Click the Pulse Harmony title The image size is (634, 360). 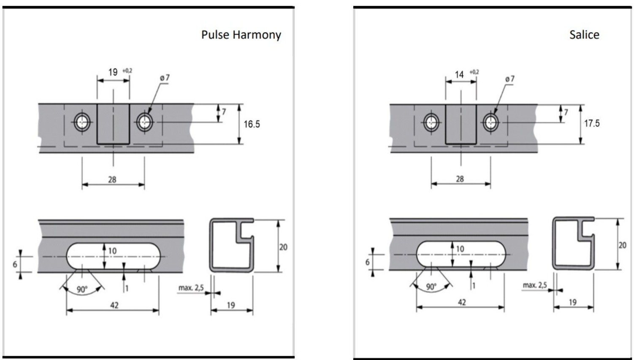point(241,35)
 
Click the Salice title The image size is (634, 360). point(584,35)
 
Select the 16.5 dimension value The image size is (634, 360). point(252,124)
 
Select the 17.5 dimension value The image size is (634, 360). point(592,123)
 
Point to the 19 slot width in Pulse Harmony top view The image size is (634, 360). point(113,72)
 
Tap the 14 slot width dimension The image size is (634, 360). point(459,74)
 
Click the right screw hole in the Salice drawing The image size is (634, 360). point(490,122)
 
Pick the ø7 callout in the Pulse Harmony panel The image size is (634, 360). point(165,78)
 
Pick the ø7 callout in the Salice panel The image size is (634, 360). point(509,79)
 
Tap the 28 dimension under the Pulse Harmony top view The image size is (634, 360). point(112,180)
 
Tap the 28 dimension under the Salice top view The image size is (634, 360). point(460,179)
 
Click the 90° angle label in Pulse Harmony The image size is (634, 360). point(82,290)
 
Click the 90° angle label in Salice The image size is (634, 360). point(431,287)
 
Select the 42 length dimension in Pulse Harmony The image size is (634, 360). point(114,305)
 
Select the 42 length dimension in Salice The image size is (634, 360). point(462,303)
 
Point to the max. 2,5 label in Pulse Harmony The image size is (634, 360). point(191,288)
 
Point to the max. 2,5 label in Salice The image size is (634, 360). point(535,285)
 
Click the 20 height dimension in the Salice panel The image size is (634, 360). point(622,245)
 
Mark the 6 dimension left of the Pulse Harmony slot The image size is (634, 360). point(15,264)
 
